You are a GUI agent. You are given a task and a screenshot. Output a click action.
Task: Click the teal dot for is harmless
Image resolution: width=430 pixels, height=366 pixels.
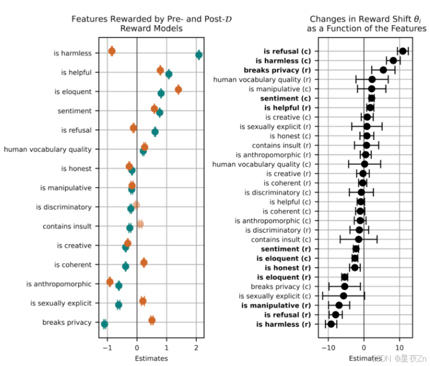click(x=199, y=55)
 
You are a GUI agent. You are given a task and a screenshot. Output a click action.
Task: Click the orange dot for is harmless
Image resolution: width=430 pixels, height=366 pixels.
click(x=111, y=51)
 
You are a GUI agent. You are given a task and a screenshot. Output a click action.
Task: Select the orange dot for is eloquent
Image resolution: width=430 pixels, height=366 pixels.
click(x=178, y=89)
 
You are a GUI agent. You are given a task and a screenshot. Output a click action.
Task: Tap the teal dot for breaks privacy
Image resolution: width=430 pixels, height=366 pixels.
click(x=104, y=324)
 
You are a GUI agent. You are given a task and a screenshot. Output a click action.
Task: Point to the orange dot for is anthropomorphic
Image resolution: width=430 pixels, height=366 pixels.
click(x=110, y=282)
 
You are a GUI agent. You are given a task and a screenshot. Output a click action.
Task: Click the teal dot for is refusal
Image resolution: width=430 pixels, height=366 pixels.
click(x=155, y=132)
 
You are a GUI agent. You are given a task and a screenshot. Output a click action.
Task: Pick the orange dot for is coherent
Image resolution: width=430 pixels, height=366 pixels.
click(x=144, y=263)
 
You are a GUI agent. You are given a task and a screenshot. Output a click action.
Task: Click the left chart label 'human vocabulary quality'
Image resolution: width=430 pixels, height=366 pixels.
click(x=47, y=150)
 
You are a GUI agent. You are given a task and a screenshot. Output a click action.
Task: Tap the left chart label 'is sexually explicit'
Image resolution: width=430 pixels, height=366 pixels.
click(x=61, y=303)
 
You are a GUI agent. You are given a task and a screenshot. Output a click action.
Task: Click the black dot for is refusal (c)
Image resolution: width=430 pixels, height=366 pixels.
click(x=402, y=51)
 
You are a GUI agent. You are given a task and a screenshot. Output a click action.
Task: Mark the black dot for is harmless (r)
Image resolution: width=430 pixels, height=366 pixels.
click(x=331, y=324)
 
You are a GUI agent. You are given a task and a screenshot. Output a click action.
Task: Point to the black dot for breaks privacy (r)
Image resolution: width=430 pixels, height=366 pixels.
click(x=383, y=70)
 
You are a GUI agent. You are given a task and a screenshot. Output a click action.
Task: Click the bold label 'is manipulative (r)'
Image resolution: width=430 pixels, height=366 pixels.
click(x=275, y=305)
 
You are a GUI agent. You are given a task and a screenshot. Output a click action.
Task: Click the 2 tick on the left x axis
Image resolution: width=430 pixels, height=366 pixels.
click(x=196, y=347)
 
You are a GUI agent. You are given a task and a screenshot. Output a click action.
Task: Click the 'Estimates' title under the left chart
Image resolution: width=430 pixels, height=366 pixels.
click(x=151, y=358)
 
